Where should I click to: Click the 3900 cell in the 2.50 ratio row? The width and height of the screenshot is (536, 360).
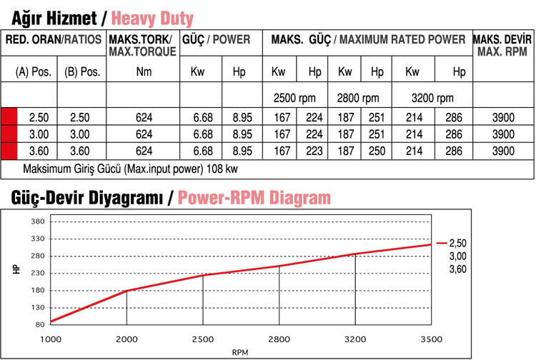point(503,116)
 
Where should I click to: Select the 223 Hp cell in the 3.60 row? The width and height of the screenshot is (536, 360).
point(314,151)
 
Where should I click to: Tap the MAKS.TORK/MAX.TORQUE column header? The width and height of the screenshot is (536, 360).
point(143,46)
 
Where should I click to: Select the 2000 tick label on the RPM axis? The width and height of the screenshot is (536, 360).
point(126,339)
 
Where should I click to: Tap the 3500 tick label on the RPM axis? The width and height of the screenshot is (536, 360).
point(432,339)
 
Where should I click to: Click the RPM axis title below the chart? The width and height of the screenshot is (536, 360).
point(241,352)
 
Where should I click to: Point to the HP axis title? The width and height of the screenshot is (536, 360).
point(15,272)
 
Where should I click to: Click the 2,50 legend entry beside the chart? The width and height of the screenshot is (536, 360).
point(457,244)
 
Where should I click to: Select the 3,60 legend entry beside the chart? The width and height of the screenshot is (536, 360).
point(457,269)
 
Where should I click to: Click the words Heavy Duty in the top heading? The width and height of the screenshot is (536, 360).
point(152,17)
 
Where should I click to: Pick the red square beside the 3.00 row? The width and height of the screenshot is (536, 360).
point(9,134)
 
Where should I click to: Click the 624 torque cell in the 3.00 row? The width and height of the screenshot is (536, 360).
point(144,134)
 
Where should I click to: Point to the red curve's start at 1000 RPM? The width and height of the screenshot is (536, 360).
point(51,321)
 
